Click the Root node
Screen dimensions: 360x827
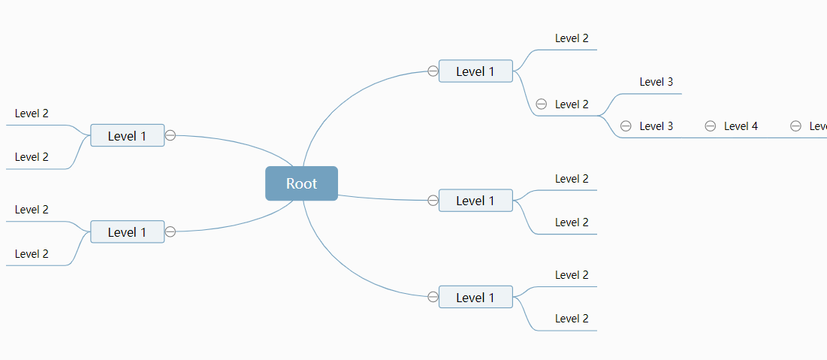(301, 183)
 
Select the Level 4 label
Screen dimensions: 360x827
(741, 126)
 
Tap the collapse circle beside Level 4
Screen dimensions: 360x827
(710, 126)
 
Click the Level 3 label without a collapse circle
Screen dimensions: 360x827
(656, 82)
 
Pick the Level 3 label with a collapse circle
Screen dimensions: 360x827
(656, 126)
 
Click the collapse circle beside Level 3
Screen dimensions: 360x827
(626, 126)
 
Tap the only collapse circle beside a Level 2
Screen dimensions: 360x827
(541, 104)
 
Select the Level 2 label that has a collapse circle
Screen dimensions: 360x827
(572, 104)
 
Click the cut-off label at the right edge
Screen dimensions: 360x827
(818, 126)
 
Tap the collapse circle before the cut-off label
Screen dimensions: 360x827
(795, 126)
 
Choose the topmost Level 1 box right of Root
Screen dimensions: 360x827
(475, 71)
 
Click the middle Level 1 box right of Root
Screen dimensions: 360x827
(475, 201)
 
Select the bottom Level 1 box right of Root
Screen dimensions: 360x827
(475, 298)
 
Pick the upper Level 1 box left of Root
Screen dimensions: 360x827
(127, 136)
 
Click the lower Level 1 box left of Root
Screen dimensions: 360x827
(127, 232)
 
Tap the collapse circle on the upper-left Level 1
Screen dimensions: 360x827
(171, 135)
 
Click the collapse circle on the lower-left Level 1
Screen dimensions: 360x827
(171, 231)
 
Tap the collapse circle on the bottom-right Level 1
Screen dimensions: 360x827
(433, 297)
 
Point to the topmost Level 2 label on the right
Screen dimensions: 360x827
(572, 38)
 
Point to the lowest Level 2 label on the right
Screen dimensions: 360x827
(572, 319)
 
